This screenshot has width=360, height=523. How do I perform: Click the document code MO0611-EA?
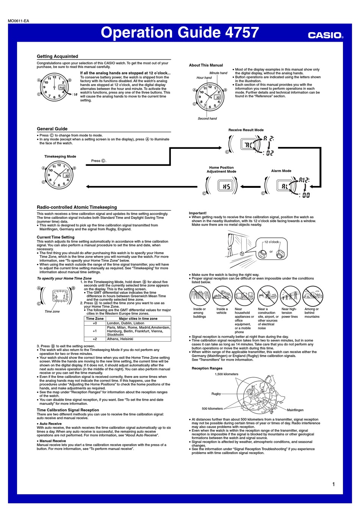19,21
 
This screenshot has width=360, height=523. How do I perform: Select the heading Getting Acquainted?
57,56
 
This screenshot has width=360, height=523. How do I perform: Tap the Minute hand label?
218,73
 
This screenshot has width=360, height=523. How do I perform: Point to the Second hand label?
207,119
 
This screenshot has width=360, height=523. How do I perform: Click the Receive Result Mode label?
246,130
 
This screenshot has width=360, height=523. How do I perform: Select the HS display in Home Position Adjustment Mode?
226,186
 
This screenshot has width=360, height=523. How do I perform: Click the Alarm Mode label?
281,171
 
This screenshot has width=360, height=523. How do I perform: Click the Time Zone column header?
95,318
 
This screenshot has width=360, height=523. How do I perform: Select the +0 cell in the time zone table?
95,323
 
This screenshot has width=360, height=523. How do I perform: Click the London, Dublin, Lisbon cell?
125,323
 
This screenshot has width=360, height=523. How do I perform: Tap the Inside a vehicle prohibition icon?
222,296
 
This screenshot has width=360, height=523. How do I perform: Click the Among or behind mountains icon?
313,296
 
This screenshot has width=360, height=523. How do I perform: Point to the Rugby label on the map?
216,394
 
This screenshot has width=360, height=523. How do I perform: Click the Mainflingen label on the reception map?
295,410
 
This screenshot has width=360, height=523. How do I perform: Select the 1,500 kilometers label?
227,374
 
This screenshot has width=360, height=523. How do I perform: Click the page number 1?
333,484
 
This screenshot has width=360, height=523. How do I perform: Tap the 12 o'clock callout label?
271,242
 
